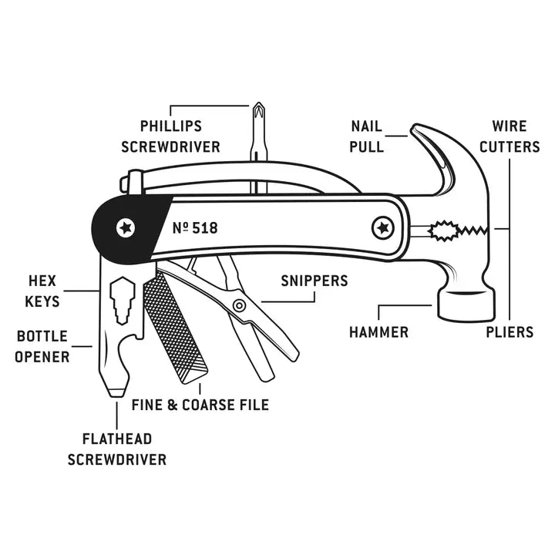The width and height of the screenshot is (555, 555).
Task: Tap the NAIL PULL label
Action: [367, 136]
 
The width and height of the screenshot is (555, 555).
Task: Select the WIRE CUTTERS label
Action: [510, 136]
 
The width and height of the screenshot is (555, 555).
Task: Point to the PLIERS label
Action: [510, 332]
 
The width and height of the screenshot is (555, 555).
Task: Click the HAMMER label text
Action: [378, 332]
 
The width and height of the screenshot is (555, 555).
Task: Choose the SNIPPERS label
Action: [314, 281]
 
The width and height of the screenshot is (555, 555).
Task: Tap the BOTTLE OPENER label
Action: [43, 347]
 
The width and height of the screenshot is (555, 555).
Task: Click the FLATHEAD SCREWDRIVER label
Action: [117, 449]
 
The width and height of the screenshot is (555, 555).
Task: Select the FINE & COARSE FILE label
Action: [200, 404]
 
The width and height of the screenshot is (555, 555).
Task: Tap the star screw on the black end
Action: [124, 227]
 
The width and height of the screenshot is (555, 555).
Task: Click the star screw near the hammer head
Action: [381, 227]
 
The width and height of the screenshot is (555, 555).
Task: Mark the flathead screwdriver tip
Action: [116, 392]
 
